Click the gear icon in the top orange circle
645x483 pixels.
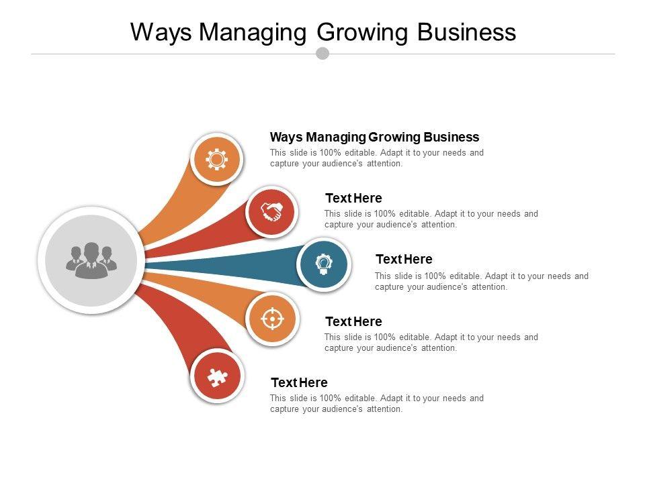point(216,159)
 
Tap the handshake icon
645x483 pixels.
point(271,212)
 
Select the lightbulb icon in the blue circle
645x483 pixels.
point(323,264)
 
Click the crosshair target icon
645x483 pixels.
point(271,319)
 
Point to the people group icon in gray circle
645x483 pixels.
point(91,260)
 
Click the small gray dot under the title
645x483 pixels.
point(322,53)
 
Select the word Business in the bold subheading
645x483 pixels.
point(451,137)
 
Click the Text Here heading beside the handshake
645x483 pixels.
point(353,198)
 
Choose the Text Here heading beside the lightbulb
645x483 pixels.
point(404,259)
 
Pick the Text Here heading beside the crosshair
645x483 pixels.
point(353,321)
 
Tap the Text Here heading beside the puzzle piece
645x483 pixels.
point(299,382)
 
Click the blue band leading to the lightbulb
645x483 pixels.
point(228,262)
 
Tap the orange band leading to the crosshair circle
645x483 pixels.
point(202,288)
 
